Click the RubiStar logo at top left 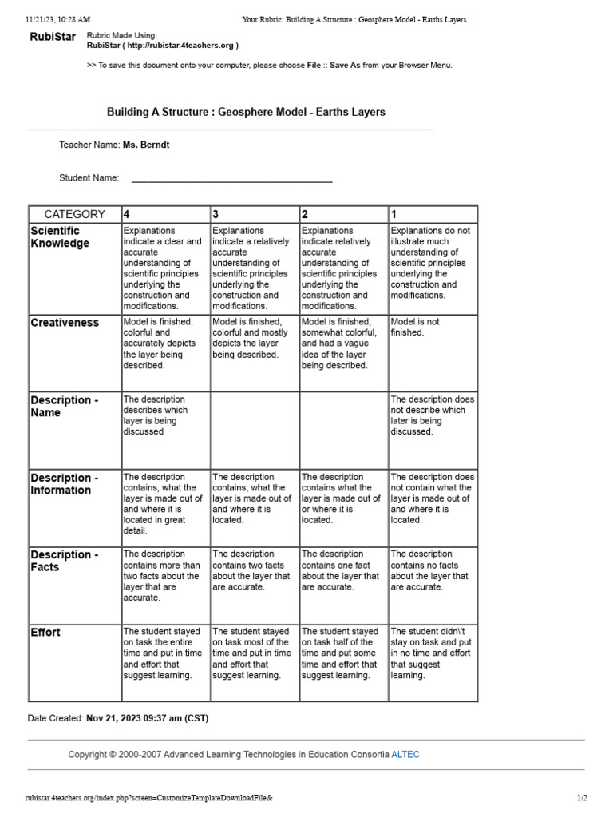[x=53, y=37]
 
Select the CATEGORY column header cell [x=74, y=214]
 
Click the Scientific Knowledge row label [x=60, y=237]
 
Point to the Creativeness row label [x=65, y=323]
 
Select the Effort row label [x=45, y=633]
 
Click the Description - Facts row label [x=65, y=561]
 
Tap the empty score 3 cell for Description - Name [x=254, y=429]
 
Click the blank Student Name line [x=231, y=179]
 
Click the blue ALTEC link [x=405, y=754]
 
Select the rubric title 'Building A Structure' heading [x=246, y=112]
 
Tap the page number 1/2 [x=582, y=798]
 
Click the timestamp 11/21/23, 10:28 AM [x=57, y=19]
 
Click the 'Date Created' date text [x=147, y=718]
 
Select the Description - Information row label [x=65, y=484]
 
